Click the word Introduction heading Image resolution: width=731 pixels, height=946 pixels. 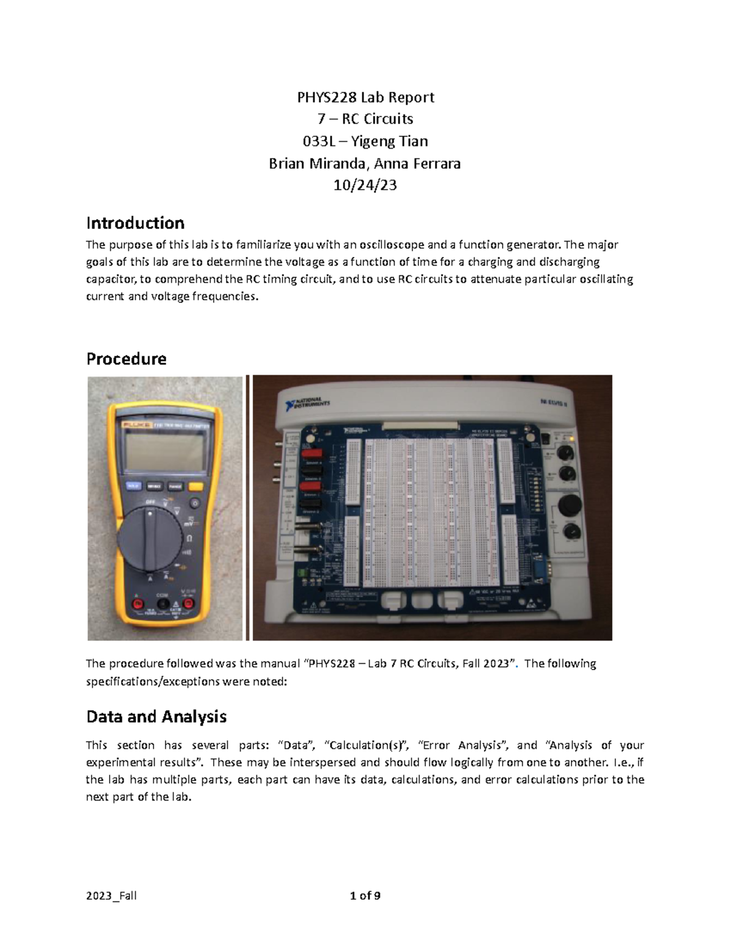[135, 223]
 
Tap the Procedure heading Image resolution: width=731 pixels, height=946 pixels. [126, 359]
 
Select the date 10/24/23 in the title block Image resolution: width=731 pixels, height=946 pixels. [365, 185]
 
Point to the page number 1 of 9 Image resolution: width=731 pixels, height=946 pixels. [365, 895]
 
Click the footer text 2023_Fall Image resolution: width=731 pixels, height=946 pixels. [111, 895]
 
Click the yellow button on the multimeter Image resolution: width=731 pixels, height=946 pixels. [196, 486]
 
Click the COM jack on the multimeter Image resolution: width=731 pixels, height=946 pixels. [163, 604]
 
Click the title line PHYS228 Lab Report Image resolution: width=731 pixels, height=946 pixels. [365, 97]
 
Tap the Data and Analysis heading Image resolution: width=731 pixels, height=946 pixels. [157, 716]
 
